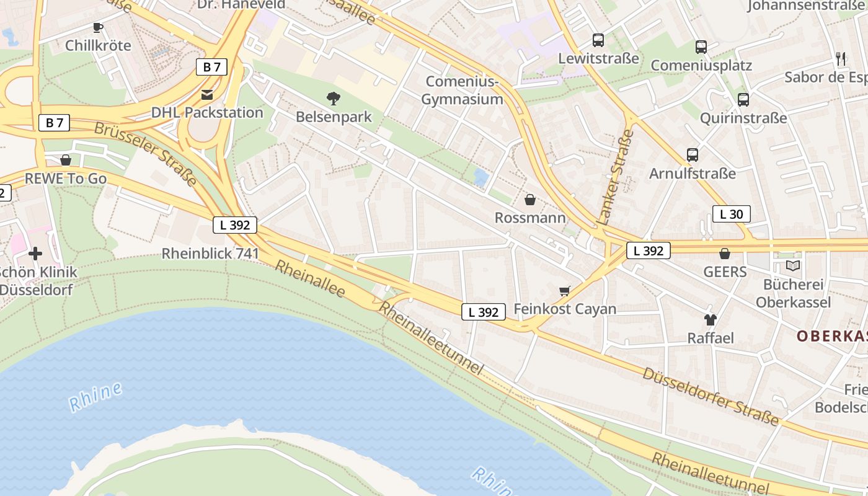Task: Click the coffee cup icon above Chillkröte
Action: coord(97,27)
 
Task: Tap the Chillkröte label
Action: coord(98,45)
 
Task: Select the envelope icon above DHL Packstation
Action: coord(207,95)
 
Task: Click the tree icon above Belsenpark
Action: coord(334,98)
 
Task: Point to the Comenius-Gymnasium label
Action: coord(462,91)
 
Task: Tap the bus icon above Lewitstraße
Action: coord(598,40)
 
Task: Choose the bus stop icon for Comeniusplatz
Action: coord(701,47)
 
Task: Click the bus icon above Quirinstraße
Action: coord(743,99)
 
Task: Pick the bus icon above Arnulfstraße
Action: coord(693,155)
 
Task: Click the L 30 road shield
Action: coord(732,215)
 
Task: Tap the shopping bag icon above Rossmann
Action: coord(530,200)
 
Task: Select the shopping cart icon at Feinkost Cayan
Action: coord(564,291)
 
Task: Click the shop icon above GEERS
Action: coord(725,254)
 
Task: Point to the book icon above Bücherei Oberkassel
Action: coord(793,266)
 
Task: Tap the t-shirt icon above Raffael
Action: coord(711,320)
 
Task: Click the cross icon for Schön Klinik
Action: coord(35,254)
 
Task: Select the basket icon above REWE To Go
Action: coord(66,161)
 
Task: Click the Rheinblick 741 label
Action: coord(210,253)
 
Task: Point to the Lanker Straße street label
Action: coord(616,177)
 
